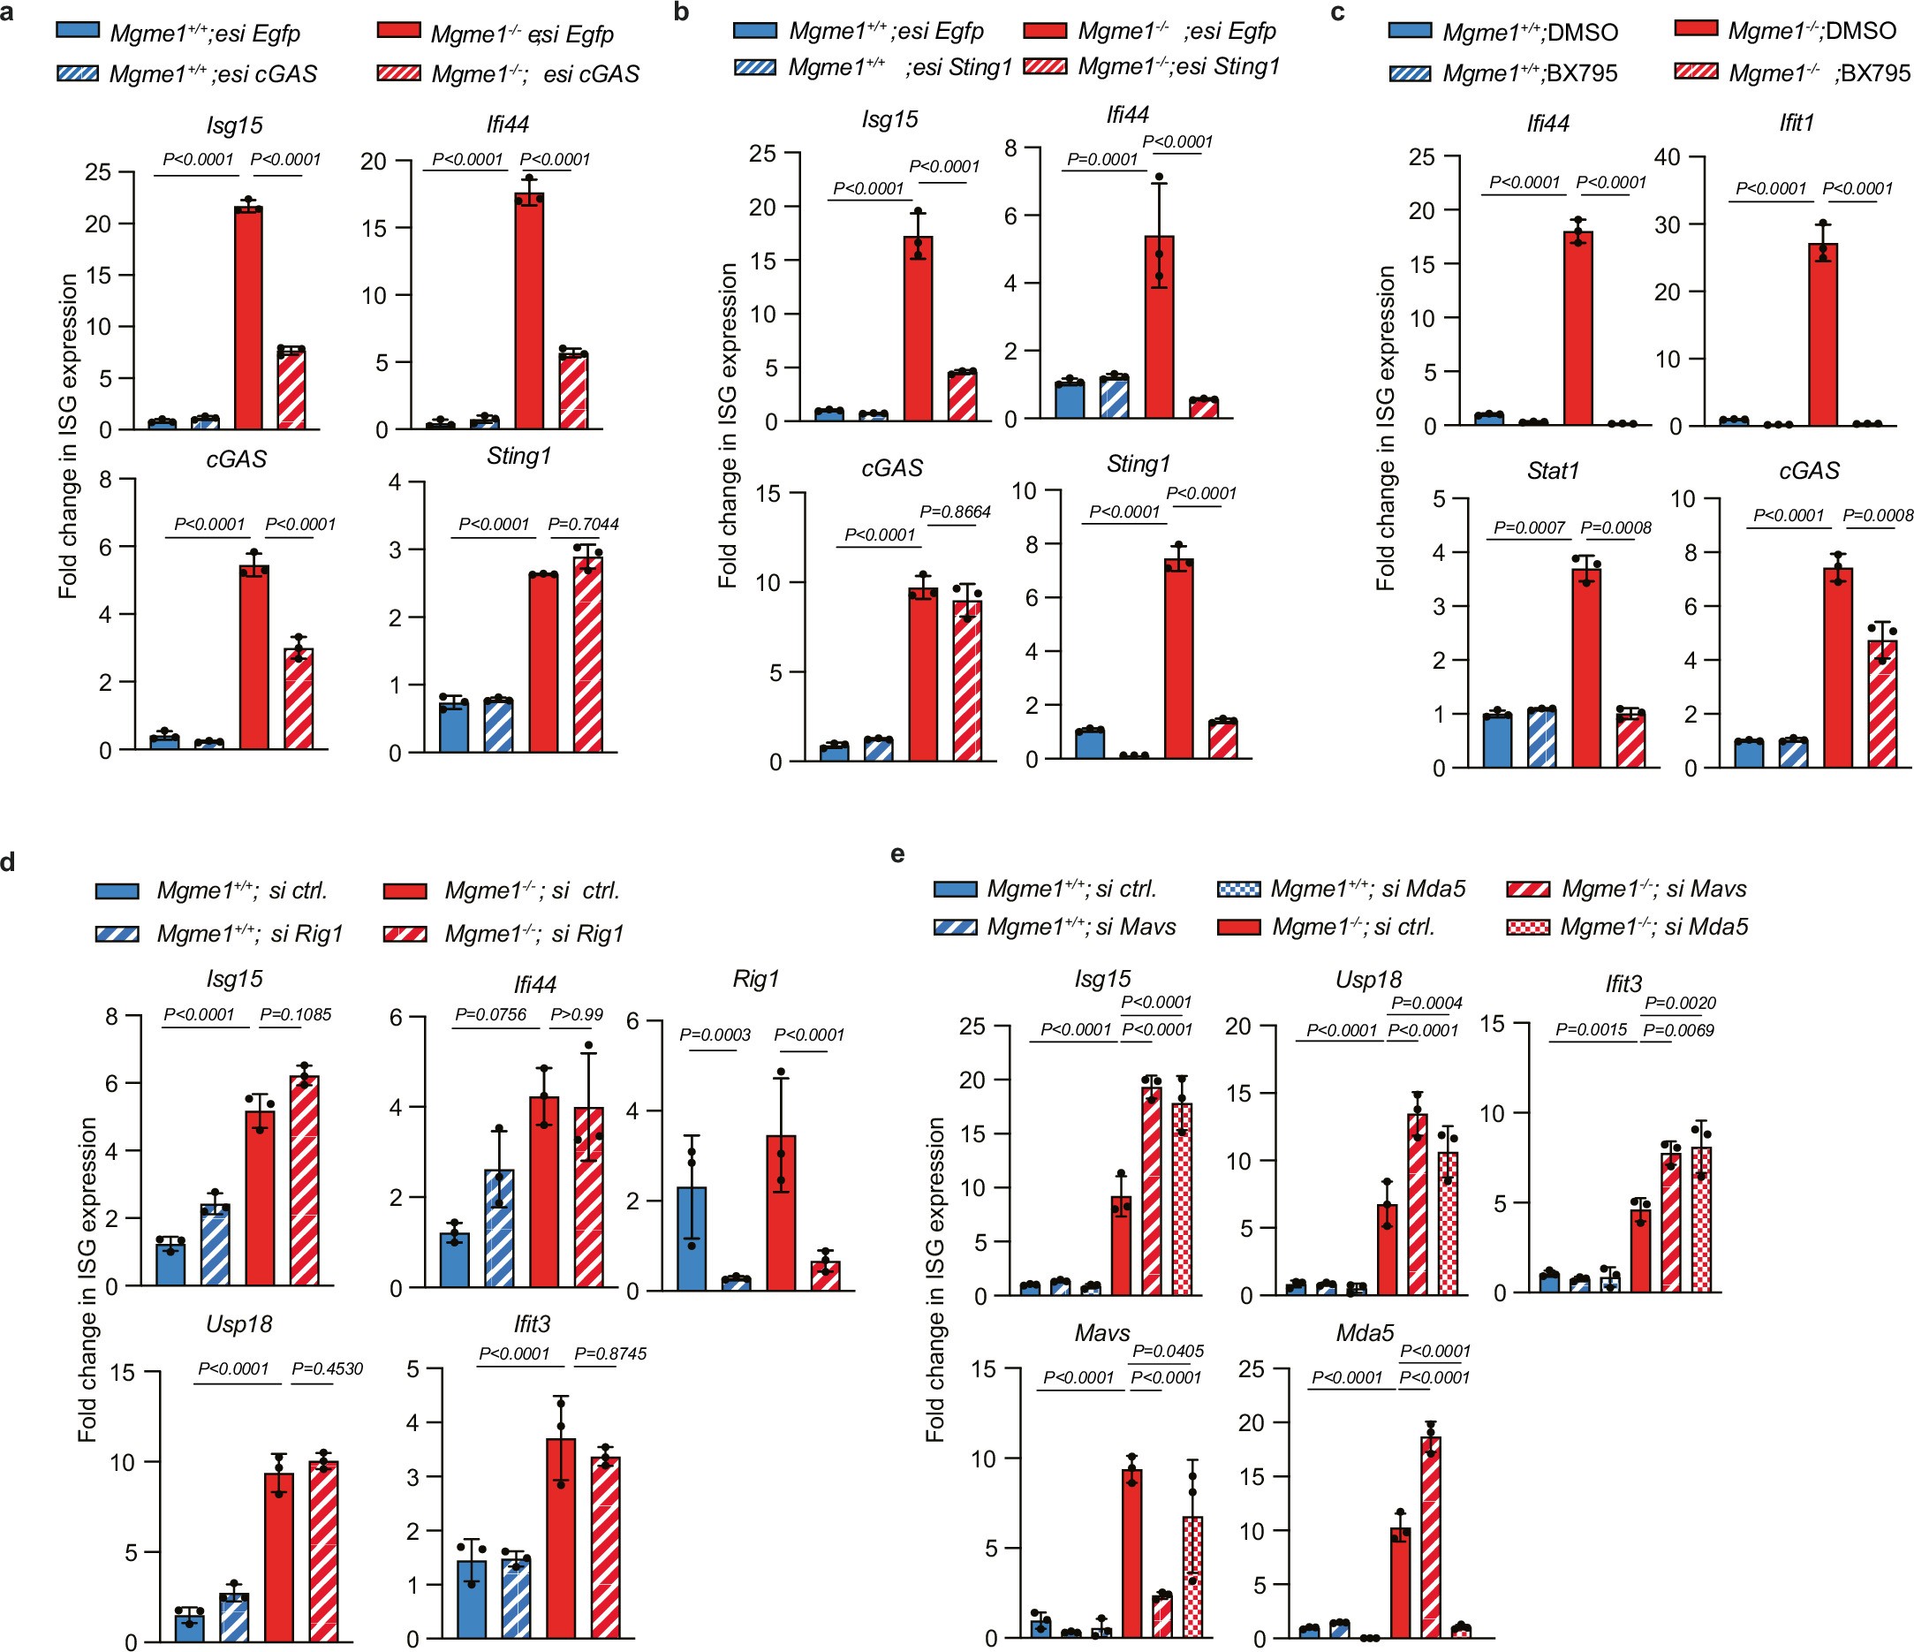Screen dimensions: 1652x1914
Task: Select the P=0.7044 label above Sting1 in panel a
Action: click(583, 525)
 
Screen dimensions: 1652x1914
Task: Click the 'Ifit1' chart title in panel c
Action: click(1797, 123)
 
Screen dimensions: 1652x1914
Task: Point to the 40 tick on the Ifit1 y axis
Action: click(1667, 157)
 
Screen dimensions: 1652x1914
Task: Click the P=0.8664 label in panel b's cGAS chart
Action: click(955, 511)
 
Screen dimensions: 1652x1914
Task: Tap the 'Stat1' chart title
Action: click(1553, 470)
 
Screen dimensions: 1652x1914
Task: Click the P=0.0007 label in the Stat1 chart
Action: click(1529, 527)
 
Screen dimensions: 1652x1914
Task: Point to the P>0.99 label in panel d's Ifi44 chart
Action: click(577, 1014)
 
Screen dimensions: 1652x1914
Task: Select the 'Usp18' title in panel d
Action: click(239, 1324)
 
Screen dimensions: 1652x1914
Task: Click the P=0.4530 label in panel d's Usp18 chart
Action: click(327, 1368)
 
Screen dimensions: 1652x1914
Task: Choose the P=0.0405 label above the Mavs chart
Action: click(1168, 1351)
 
